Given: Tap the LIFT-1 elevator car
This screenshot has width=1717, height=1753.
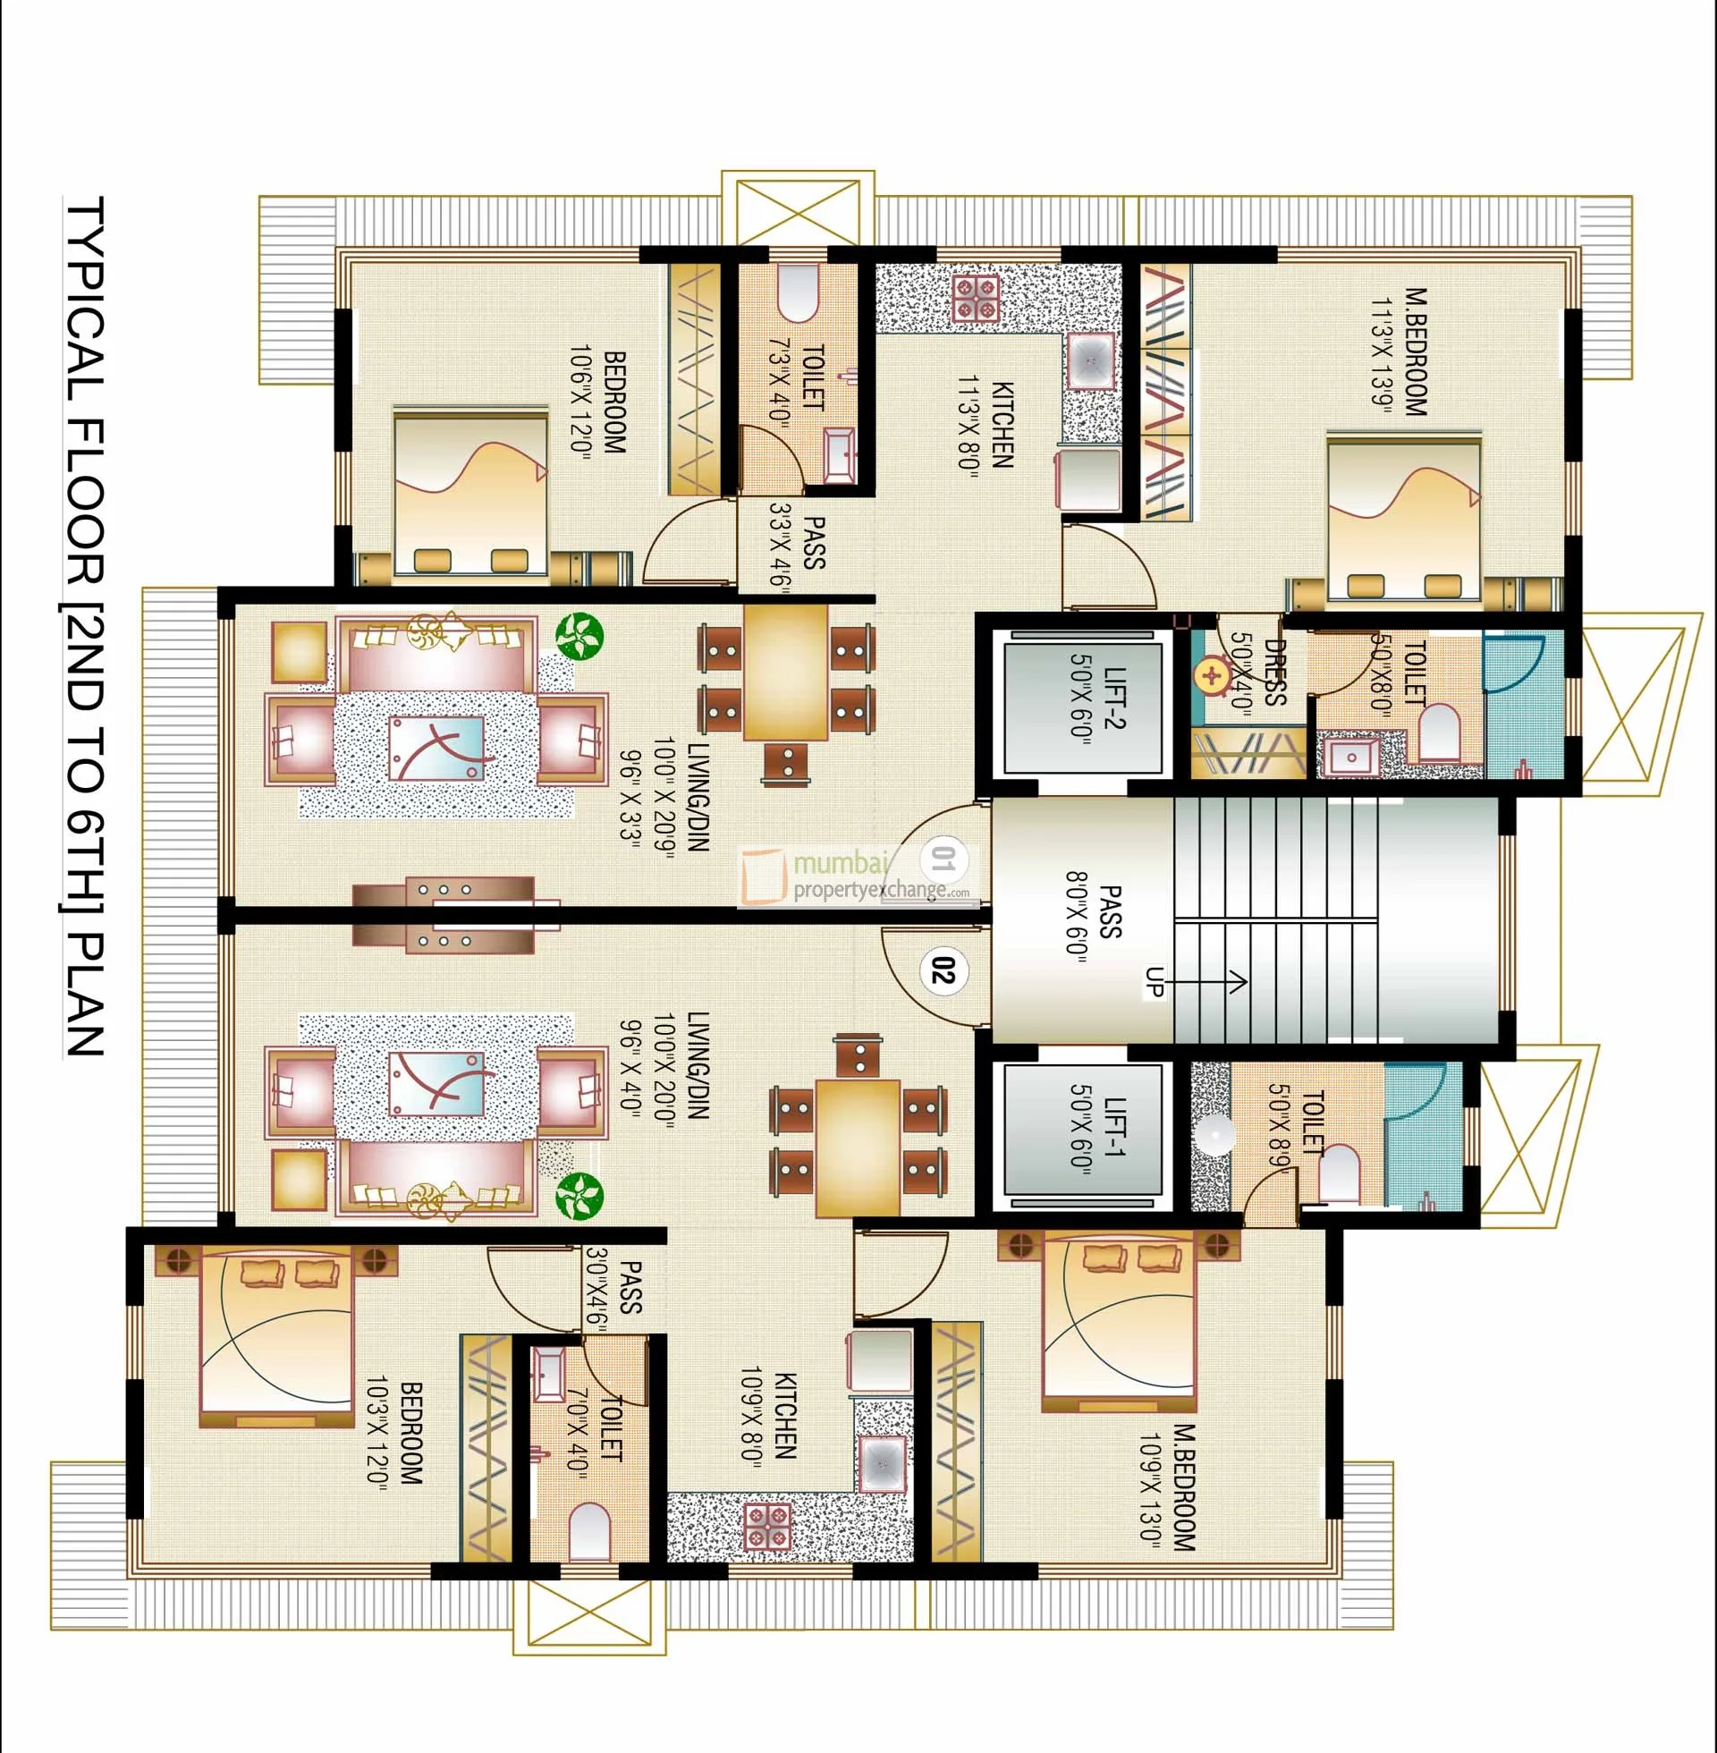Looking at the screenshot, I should [x=1082, y=1136].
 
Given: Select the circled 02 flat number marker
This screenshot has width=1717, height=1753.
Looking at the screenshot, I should [x=943, y=972].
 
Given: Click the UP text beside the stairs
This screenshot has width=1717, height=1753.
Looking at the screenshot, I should [x=1155, y=981].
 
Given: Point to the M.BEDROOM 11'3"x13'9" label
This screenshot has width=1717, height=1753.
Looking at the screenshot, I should [x=1402, y=351].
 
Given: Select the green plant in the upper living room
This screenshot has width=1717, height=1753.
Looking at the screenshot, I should [x=578, y=636].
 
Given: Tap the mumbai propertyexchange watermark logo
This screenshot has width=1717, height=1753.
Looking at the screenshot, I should [x=855, y=876].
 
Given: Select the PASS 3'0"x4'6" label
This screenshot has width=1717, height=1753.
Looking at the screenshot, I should [x=614, y=1288].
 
